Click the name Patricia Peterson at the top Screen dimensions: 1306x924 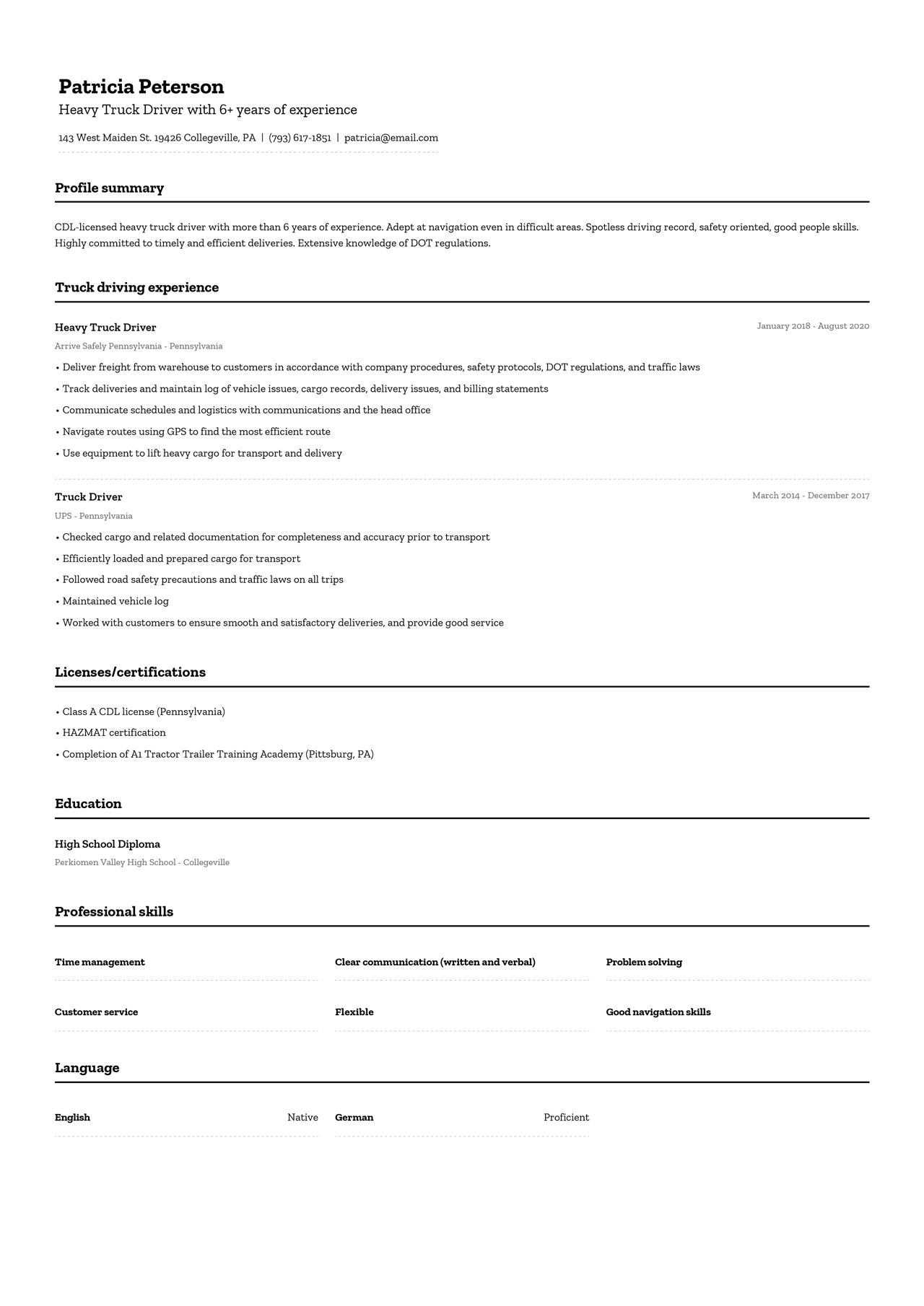pyautogui.click(x=141, y=87)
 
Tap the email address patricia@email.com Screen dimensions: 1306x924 pyautogui.click(x=391, y=138)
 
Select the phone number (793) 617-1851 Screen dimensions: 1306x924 pyautogui.click(x=300, y=138)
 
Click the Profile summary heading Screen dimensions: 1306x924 pyautogui.click(x=110, y=188)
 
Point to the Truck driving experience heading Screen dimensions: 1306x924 pyautogui.click(x=136, y=288)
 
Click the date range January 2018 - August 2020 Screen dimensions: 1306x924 pyautogui.click(x=813, y=326)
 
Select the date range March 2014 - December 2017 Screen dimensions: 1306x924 pyautogui.click(x=811, y=496)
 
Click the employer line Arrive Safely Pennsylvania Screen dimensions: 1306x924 pyautogui.click(x=139, y=346)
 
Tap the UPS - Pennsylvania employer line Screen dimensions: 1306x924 pyautogui.click(x=94, y=516)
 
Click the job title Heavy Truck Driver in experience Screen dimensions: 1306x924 pyautogui.click(x=105, y=328)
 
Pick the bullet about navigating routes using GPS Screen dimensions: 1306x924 pyautogui.click(x=196, y=431)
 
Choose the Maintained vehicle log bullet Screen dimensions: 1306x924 pyautogui.click(x=115, y=601)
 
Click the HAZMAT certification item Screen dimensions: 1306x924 pyautogui.click(x=114, y=732)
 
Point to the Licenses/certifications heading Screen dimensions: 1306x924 pyautogui.click(x=130, y=672)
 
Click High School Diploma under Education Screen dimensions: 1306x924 pyautogui.click(x=108, y=844)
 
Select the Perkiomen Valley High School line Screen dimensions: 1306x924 pyautogui.click(x=142, y=862)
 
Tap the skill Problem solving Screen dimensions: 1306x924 pyautogui.click(x=644, y=963)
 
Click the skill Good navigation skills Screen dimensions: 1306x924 pyautogui.click(x=658, y=1012)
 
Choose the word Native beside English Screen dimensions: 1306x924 pyautogui.click(x=302, y=1118)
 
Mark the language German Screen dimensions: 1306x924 pyautogui.click(x=354, y=1118)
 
